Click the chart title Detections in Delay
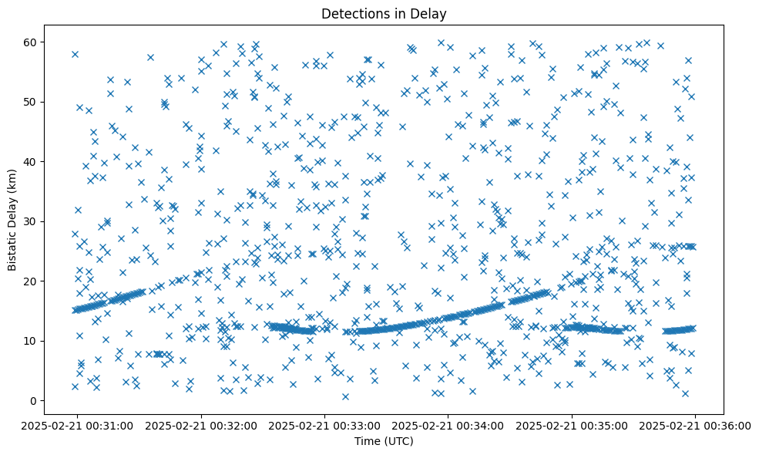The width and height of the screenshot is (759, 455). (x=384, y=14)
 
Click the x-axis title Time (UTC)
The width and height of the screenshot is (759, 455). (x=384, y=441)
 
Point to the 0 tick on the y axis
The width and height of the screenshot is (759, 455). (x=35, y=400)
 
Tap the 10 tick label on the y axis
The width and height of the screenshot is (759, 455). (x=32, y=341)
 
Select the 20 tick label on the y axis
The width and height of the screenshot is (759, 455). (x=32, y=281)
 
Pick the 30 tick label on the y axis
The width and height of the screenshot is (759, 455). (x=32, y=221)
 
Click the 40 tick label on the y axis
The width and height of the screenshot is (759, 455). (x=32, y=161)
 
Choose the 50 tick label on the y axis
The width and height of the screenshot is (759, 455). (x=32, y=102)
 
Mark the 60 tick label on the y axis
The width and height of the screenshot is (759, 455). (x=32, y=42)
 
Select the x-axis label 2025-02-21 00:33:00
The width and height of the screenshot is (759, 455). (x=324, y=425)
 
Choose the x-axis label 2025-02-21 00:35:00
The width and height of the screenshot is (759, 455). (x=572, y=425)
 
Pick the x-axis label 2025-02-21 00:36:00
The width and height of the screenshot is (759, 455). (x=696, y=425)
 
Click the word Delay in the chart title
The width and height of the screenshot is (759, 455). (x=431, y=14)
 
